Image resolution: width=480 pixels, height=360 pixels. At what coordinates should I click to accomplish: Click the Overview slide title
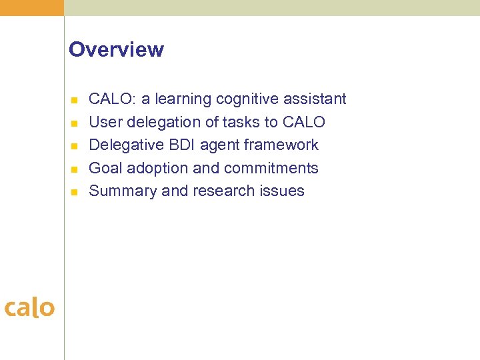[116, 50]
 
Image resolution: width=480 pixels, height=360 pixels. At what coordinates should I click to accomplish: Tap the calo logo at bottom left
[29, 307]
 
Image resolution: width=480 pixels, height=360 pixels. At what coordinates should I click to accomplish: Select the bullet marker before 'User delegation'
[75, 123]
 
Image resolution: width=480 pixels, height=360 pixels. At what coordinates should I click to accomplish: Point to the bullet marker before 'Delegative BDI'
[75, 146]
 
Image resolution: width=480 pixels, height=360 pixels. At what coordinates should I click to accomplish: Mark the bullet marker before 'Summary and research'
[75, 192]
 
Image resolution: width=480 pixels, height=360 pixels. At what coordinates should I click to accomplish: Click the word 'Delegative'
[126, 145]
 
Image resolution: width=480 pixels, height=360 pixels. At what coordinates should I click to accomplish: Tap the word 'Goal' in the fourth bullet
[105, 168]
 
